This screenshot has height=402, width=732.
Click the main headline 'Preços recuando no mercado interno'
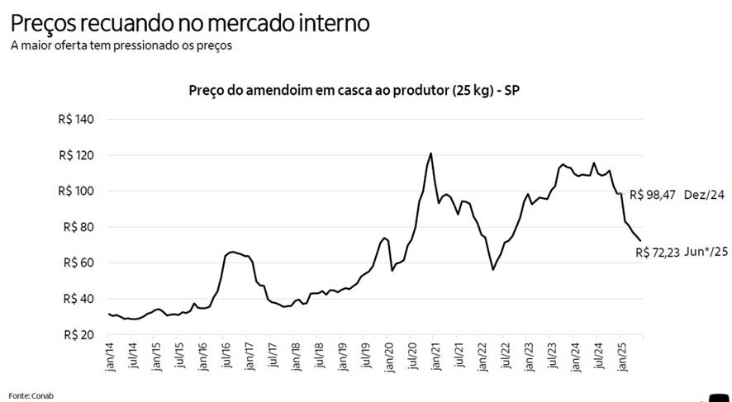[x=190, y=21]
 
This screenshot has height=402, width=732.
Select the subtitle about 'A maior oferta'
[x=121, y=45]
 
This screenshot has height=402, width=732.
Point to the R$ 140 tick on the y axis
[x=77, y=120]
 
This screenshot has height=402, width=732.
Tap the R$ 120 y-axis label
[x=77, y=155]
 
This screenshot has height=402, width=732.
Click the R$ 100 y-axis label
[x=77, y=192]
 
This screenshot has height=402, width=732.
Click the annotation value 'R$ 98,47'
[x=654, y=196]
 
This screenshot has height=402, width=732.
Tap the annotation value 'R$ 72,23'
[x=658, y=253]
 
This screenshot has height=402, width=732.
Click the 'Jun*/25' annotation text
[x=706, y=253]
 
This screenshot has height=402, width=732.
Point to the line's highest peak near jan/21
[x=430, y=154]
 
